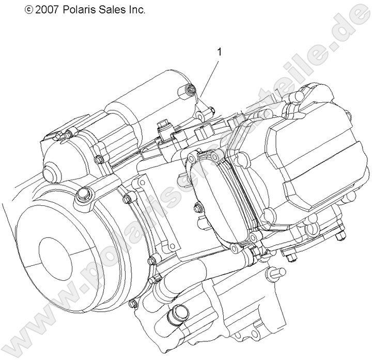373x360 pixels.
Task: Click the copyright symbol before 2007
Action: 28,9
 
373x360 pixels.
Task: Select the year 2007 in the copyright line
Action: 48,9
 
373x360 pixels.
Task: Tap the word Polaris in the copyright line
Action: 80,9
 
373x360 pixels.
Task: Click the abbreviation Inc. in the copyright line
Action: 136,9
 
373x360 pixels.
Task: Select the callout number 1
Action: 220,52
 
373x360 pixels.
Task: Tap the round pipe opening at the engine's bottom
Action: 180,313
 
